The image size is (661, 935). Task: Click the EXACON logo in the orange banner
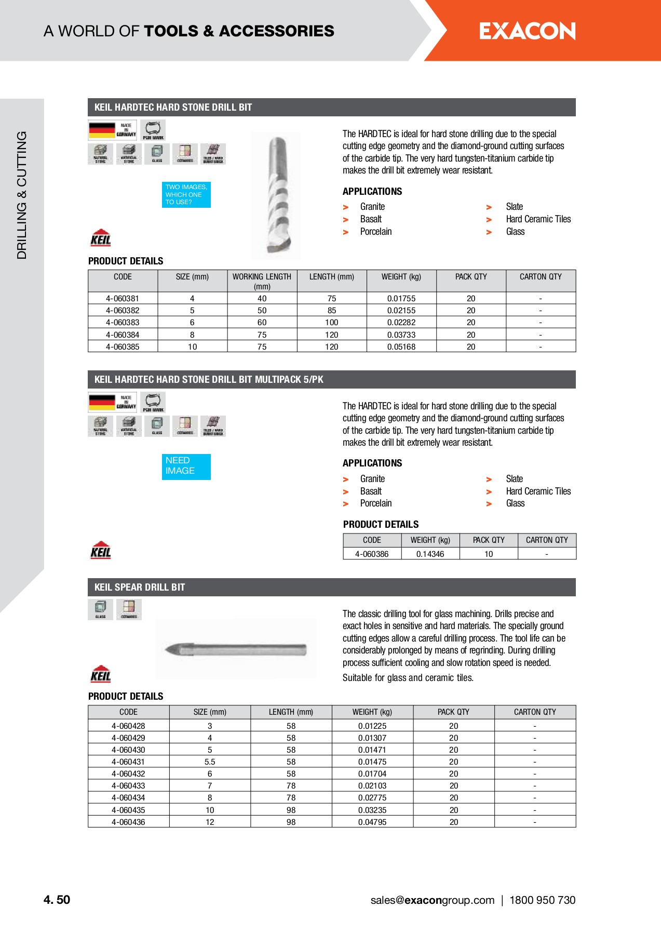[527, 31]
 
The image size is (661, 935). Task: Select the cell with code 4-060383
[123, 323]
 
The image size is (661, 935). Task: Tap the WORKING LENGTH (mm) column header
[262, 281]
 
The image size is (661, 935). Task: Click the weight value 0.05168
[401, 347]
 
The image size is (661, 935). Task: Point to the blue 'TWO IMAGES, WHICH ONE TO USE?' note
[186, 195]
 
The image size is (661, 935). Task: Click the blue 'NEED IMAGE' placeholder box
[186, 466]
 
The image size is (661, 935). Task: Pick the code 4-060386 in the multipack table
[372, 554]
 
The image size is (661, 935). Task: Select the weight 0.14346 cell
[430, 554]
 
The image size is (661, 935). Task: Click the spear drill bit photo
[236, 649]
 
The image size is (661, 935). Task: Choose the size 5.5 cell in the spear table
[210, 762]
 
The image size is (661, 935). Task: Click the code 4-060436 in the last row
[128, 822]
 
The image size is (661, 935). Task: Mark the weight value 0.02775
[372, 798]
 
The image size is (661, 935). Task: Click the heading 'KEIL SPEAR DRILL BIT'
[140, 587]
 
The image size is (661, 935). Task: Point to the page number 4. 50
[57, 900]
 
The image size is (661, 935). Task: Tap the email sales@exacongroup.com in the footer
[432, 901]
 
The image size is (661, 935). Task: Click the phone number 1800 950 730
[542, 901]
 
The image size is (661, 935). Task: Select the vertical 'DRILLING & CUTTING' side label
[22, 195]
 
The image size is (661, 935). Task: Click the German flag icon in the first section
[102, 130]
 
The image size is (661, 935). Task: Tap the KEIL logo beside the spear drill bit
[101, 674]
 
